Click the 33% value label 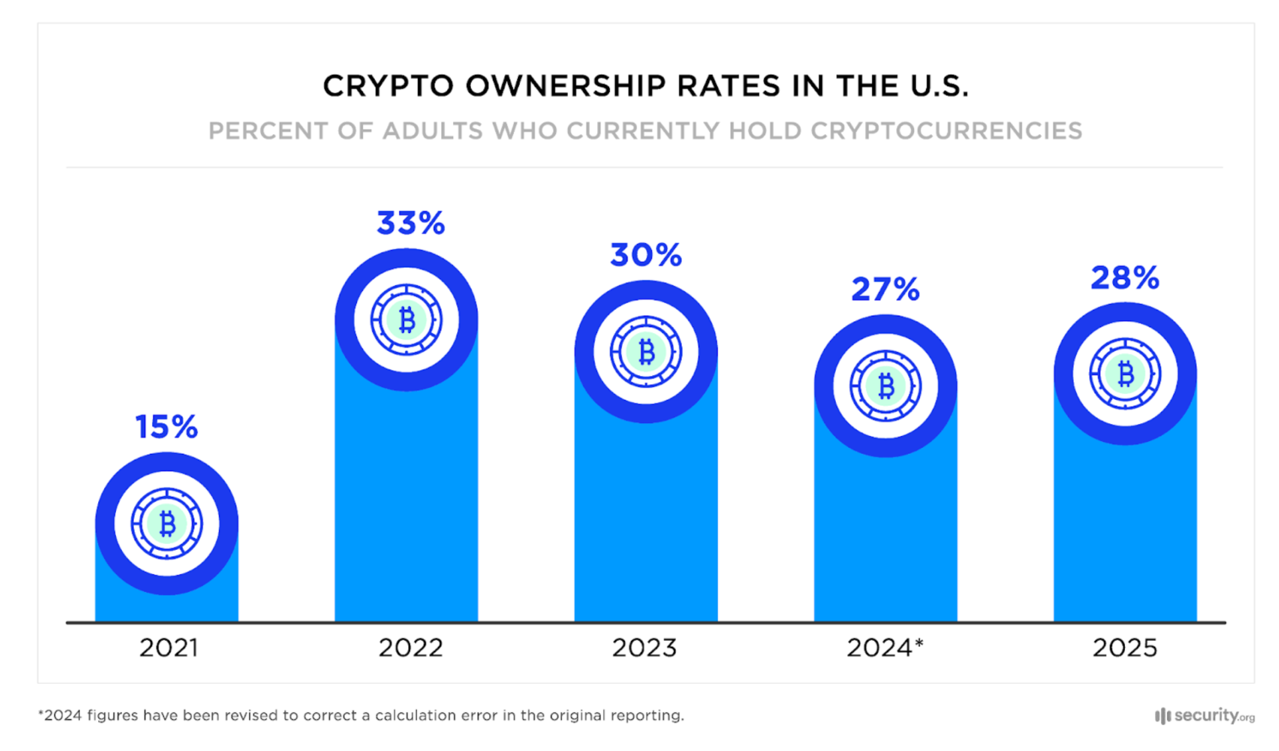point(411,224)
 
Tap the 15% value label point(167,427)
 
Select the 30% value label point(645,255)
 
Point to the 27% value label point(885,290)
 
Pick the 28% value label point(1124,278)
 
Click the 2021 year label point(168,648)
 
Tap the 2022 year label point(411,648)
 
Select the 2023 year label point(644,648)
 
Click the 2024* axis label point(885,648)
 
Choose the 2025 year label point(1124,648)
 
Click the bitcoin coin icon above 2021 point(167,523)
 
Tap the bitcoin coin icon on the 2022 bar point(407,320)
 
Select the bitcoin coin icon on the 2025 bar point(1125,374)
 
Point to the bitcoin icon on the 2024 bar point(886,385)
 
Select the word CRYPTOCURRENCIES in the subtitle point(946,131)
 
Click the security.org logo point(1205,716)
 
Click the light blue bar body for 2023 point(645,524)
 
